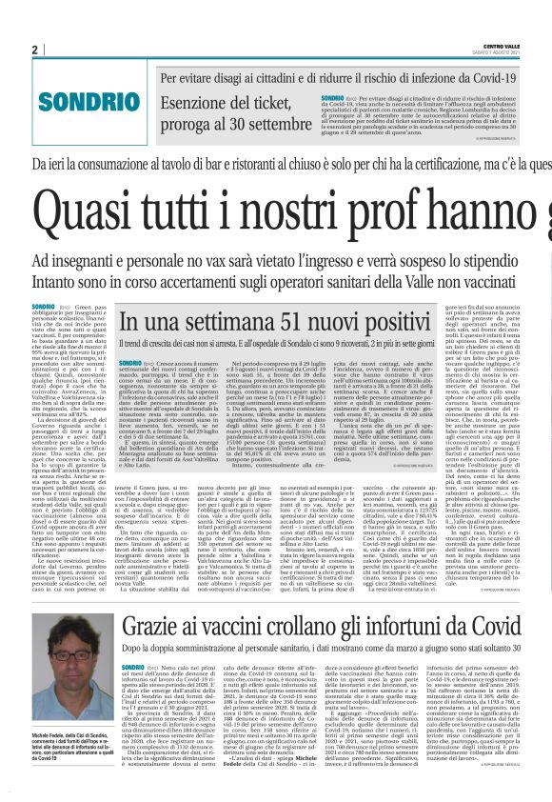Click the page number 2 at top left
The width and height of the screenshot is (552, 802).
coord(9,50)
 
